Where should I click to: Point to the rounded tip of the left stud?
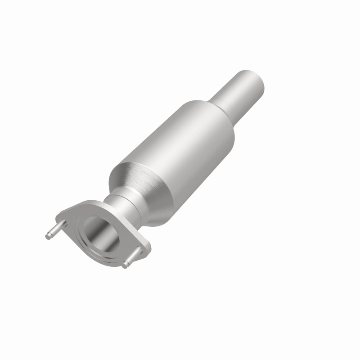[x=48, y=234]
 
